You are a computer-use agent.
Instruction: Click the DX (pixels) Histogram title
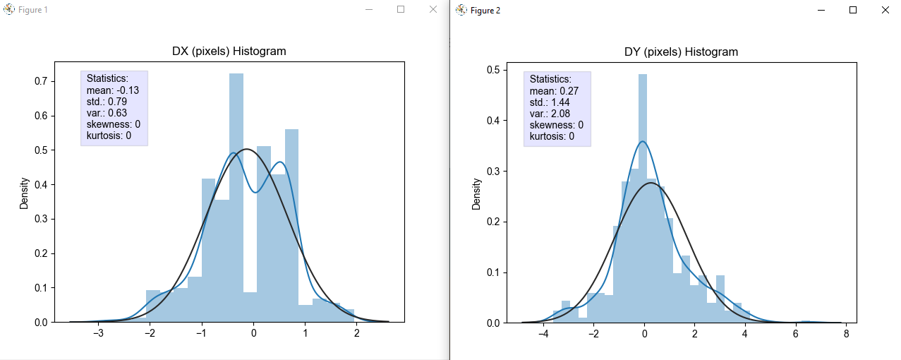coord(229,52)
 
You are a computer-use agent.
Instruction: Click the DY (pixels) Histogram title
coord(681,52)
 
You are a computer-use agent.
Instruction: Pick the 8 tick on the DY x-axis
coord(846,334)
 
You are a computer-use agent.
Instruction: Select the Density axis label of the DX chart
coord(25,193)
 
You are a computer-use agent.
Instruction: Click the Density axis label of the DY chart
coord(477,193)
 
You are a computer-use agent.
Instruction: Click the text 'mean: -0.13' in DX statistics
coord(113,90)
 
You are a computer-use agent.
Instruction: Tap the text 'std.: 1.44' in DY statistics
coord(550,102)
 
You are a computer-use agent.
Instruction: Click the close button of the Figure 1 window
coord(433,9)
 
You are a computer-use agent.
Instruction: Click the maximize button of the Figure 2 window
coord(853,10)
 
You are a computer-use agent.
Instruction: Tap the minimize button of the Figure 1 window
coord(369,9)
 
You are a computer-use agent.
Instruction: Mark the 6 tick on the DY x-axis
coord(795,334)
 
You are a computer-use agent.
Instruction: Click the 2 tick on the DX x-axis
coord(357,334)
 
